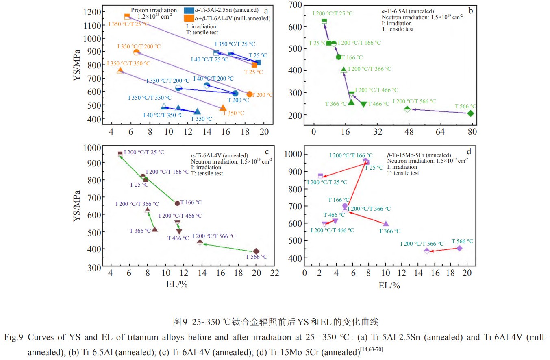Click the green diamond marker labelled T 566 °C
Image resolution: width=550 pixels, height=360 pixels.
(x=471, y=113)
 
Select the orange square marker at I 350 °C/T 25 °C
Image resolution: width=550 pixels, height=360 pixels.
(x=127, y=17)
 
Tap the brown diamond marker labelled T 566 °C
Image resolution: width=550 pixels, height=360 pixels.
(x=256, y=251)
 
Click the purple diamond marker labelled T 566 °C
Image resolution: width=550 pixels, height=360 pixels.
(x=459, y=248)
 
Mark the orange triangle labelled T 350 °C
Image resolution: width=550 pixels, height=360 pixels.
(x=223, y=108)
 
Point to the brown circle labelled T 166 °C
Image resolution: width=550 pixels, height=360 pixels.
(x=177, y=203)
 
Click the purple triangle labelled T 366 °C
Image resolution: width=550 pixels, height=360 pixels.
(x=386, y=224)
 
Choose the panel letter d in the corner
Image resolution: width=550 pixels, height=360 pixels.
(x=469, y=152)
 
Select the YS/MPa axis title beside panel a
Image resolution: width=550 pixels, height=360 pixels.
(x=77, y=65)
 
